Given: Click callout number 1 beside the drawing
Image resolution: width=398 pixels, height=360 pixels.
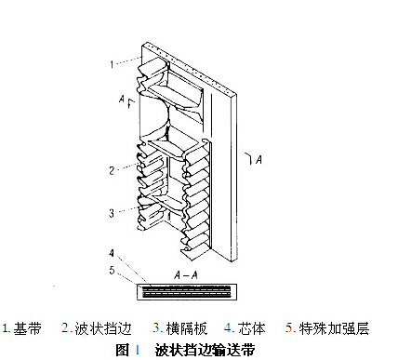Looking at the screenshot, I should point(110,64).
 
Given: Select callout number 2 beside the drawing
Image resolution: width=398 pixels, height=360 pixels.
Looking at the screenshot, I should point(110,169).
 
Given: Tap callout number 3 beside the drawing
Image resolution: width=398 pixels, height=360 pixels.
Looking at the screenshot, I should point(110,212).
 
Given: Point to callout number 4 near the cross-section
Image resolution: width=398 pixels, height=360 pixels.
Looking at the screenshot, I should point(110,252).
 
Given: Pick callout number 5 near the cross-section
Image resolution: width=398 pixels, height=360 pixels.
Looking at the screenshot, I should point(110,270).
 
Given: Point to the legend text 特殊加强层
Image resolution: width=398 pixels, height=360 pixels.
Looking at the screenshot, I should point(336,328).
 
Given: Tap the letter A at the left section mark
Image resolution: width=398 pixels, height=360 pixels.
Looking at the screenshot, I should point(120,96).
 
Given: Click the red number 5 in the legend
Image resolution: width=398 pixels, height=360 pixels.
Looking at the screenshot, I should point(290,328).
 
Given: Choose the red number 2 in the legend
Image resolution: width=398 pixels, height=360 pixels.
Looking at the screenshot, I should point(66,328).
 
